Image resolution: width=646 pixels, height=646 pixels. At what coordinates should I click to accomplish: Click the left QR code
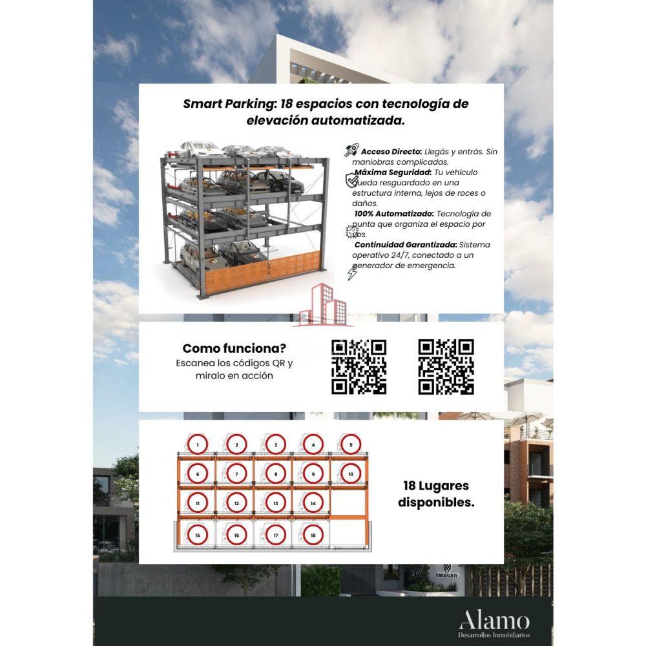(x=359, y=367)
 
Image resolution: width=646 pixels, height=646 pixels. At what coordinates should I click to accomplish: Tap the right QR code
(x=446, y=367)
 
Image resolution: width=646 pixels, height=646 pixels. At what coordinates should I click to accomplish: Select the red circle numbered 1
(x=198, y=444)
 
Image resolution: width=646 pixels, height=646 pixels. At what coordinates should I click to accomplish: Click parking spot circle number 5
(x=351, y=444)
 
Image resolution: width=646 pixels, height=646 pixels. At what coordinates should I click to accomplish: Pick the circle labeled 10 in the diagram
(x=351, y=474)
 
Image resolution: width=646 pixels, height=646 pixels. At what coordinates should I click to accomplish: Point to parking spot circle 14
(x=313, y=503)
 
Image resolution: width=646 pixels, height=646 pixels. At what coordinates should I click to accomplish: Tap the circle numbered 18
(x=313, y=535)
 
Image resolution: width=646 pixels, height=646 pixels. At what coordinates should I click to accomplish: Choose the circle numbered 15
(x=198, y=535)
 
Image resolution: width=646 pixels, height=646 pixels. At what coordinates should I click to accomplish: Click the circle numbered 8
(x=276, y=474)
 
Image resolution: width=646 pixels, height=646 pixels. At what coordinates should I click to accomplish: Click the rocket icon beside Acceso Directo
(x=351, y=151)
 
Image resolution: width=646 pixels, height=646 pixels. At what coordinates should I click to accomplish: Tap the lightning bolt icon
(x=352, y=273)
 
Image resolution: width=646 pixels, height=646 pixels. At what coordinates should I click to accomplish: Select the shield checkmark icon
(x=351, y=180)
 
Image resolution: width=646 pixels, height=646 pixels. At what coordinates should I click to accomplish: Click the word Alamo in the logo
(x=494, y=620)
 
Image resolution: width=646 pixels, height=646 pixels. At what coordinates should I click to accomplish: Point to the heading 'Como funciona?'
(x=234, y=348)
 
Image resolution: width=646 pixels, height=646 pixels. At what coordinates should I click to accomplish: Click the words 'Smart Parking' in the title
(x=229, y=104)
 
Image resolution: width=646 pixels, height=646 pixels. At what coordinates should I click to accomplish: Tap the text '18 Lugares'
(x=436, y=485)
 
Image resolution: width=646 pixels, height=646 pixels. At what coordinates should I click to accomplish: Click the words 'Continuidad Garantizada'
(x=406, y=245)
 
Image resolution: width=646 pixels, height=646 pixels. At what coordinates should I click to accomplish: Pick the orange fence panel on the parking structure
(x=262, y=272)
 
